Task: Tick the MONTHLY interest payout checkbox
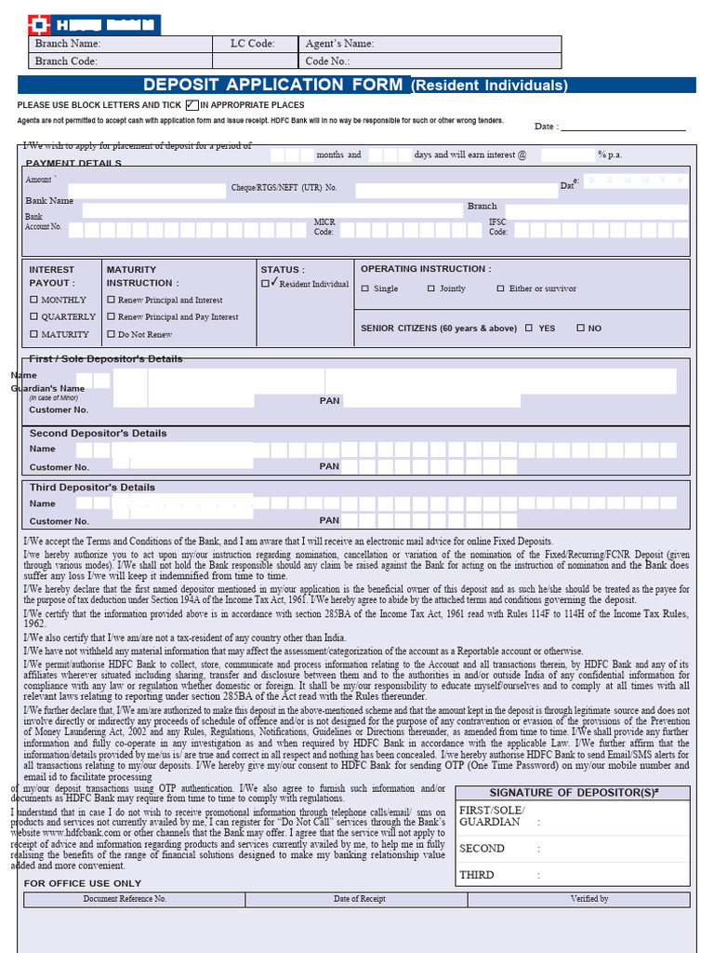tap(34, 300)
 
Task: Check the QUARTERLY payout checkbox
tap(34, 316)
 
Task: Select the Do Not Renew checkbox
tap(111, 334)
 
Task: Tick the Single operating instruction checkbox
tap(364, 289)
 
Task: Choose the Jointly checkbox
tap(430, 289)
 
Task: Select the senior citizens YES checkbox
tap(529, 328)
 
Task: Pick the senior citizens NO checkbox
tap(580, 328)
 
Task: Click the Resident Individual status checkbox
tap(266, 283)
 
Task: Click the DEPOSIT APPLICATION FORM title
tap(273, 85)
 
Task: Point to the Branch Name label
tap(67, 44)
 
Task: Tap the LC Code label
tap(252, 44)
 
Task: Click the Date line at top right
tap(622, 127)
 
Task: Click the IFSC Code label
tap(497, 227)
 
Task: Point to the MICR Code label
tap(324, 227)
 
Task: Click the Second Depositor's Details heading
tap(98, 434)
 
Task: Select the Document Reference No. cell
tap(125, 899)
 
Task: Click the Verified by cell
tap(589, 899)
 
